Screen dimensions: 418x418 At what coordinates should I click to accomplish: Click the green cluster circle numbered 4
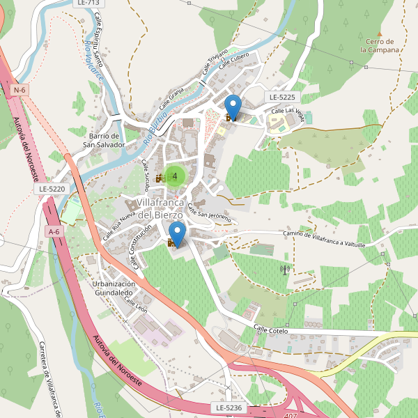tap(174, 176)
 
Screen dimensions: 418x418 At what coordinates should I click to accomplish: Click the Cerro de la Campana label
tap(380, 46)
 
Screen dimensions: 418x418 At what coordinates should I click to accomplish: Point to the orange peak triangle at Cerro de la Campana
tap(380, 33)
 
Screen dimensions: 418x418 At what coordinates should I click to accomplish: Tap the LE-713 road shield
tap(84, 3)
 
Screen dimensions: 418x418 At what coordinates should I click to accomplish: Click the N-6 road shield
tap(19, 90)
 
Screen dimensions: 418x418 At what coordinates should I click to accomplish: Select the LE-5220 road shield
tap(52, 189)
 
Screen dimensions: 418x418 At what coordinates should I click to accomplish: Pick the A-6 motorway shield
tap(54, 231)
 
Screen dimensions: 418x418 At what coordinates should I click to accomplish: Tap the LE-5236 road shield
tap(228, 407)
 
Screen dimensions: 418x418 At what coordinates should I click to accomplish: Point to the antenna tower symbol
tap(284, 269)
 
